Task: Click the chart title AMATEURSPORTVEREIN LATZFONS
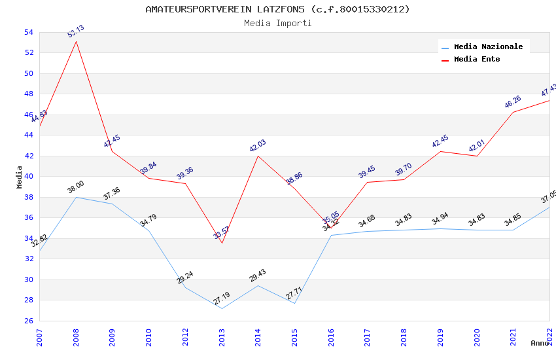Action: [277, 9]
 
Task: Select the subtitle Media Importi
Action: [277, 24]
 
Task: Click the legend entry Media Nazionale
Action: [488, 47]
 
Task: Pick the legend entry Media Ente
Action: [477, 60]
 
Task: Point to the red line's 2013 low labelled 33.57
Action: [222, 232]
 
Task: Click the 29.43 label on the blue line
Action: [258, 275]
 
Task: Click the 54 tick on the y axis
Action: [28, 32]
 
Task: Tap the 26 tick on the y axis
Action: [28, 321]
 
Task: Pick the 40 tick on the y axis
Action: [28, 177]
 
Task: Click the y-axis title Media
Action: [20, 177]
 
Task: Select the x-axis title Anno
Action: [540, 343]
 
